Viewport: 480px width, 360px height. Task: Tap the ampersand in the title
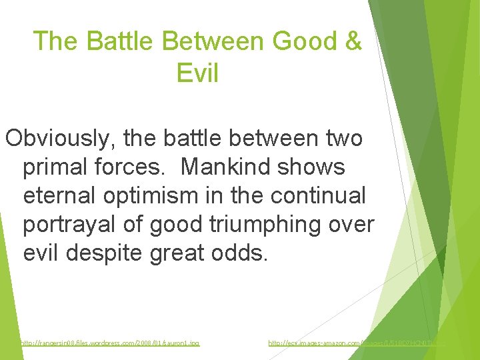coord(353,41)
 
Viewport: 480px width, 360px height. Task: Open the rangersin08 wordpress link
coord(109,343)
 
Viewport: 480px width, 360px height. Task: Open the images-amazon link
coord(357,343)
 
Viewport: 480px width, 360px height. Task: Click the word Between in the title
coord(213,41)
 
